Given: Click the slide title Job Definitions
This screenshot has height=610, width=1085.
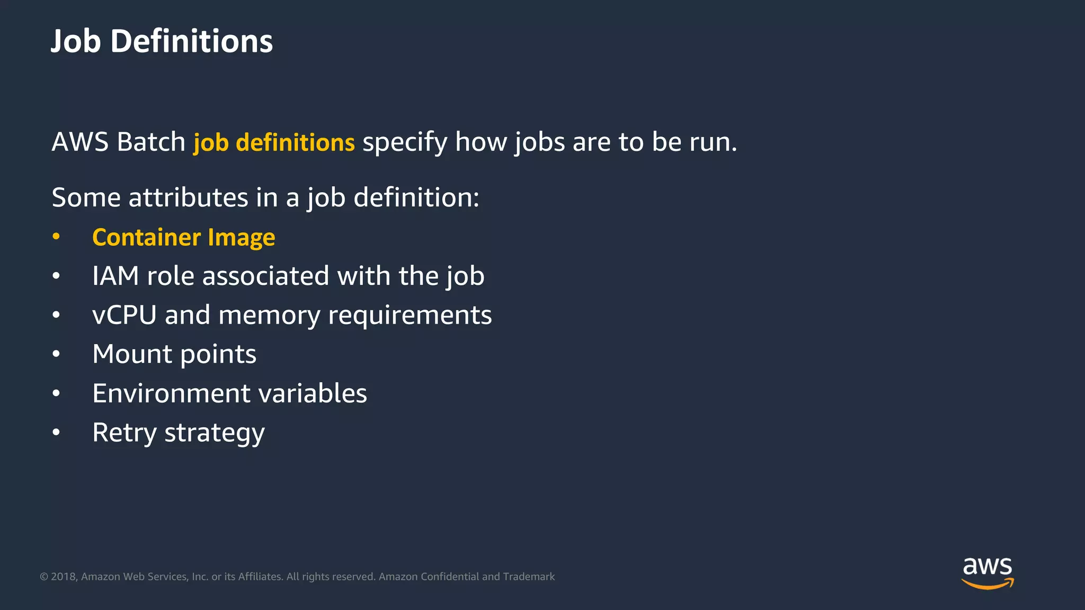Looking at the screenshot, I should coord(162,41).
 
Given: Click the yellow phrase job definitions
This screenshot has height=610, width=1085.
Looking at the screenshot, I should coord(274,142).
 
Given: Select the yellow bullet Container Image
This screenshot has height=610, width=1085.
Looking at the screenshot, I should coord(183,237).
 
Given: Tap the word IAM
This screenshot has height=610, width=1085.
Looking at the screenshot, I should coord(115,276).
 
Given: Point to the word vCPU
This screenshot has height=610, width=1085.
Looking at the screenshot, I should coord(124,315).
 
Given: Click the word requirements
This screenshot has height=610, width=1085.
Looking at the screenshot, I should coord(410,316).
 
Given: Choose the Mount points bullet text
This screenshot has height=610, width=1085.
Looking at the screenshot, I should coord(174,354).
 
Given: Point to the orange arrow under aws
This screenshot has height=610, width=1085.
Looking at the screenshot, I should coord(987,585).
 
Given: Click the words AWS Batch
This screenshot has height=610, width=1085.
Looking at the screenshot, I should coord(118,142).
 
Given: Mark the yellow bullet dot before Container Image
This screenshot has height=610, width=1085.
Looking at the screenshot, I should coord(56,237).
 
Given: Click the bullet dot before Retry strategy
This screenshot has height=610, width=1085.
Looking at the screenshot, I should coord(56,433).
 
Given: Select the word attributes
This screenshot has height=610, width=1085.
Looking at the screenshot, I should coord(188,198).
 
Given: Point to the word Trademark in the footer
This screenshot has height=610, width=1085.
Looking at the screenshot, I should coord(528,577).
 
